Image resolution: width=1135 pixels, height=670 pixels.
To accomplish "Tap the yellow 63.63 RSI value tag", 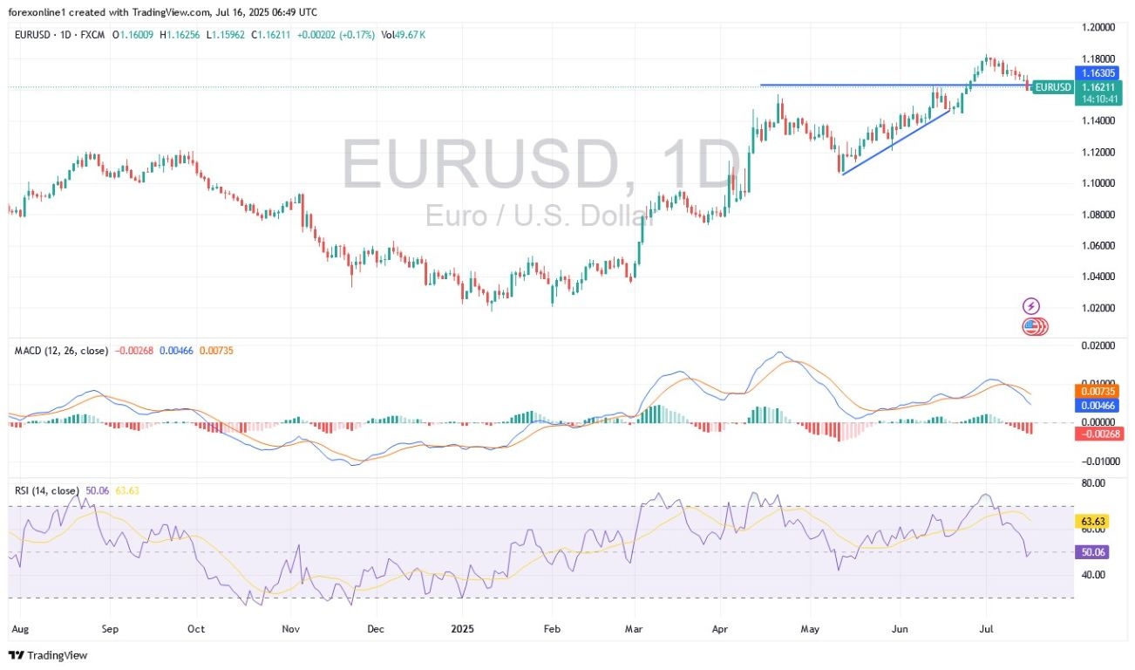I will (1093, 522).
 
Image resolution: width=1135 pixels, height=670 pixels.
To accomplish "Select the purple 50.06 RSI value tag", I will (1093, 551).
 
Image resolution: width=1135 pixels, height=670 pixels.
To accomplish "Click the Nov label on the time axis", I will (291, 627).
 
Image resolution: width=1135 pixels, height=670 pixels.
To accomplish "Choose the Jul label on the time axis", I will (987, 627).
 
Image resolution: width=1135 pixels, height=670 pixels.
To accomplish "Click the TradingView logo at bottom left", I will (49, 655).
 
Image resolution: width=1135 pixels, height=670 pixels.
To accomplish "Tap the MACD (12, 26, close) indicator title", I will (61, 351).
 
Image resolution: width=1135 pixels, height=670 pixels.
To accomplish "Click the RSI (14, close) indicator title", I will (47, 491).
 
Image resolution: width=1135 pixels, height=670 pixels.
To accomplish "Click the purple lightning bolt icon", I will (1032, 306).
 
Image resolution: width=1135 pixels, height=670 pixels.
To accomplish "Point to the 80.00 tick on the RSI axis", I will (1093, 482).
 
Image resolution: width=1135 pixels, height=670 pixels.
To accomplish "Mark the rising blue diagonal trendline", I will (895, 142).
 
